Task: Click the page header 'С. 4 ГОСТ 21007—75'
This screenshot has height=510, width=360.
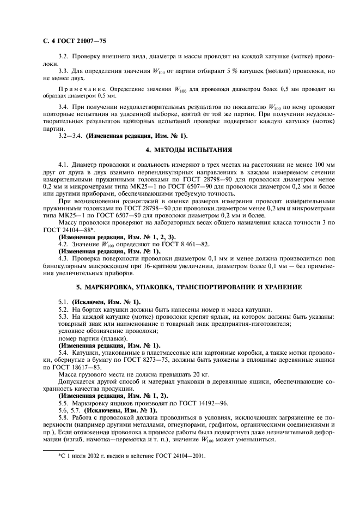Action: [x=71, y=39]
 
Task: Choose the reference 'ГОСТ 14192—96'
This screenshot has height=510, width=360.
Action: [x=201, y=403]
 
